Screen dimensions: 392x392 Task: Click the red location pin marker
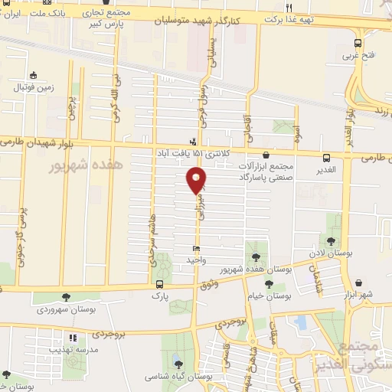click(197, 180)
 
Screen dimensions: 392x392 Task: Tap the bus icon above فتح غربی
click(358, 44)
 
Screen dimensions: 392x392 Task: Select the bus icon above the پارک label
click(158, 283)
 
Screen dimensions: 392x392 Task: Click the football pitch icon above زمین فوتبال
click(32, 75)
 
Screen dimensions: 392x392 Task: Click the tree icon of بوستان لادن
click(334, 238)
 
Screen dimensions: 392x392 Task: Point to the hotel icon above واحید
click(197, 249)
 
